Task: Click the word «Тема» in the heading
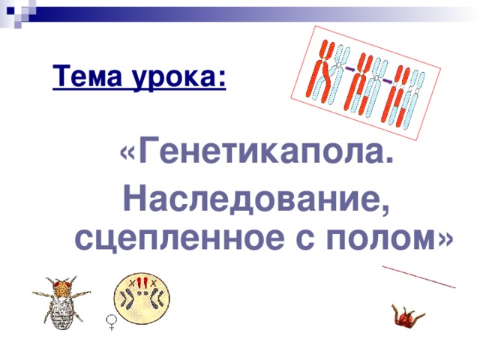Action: [x=83, y=76]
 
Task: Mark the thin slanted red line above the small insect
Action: [x=418, y=275]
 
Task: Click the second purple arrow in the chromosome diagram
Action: [x=386, y=78]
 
